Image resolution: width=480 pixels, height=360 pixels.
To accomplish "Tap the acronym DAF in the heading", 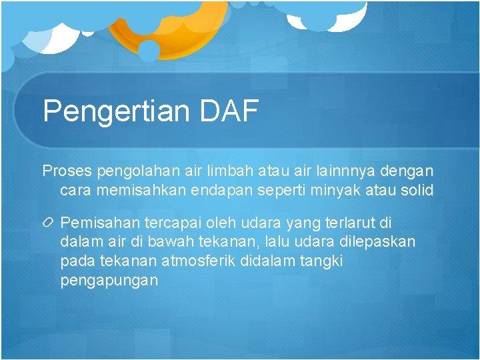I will [x=229, y=111].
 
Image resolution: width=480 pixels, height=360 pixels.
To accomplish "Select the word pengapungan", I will [x=109, y=281].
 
